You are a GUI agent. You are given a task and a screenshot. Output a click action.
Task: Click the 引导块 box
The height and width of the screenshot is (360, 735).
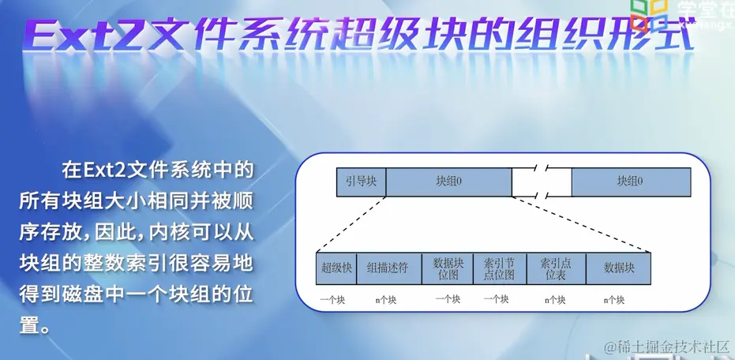361,182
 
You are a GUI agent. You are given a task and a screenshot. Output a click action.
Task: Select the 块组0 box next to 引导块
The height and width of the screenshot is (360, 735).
448,182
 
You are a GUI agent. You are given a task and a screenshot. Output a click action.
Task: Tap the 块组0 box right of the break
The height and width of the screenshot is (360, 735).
630,182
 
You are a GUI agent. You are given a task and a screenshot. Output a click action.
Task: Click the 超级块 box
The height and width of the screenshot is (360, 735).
336,268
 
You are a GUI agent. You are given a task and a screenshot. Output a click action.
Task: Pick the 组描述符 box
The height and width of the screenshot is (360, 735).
388,268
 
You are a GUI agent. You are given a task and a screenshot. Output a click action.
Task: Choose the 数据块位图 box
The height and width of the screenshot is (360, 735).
448,268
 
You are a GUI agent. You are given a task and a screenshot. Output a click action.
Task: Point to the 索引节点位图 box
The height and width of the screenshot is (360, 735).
499,268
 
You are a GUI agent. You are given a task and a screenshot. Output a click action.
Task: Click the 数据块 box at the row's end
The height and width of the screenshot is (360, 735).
619,268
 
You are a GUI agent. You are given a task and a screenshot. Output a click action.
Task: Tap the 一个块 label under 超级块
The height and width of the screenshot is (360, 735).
332,300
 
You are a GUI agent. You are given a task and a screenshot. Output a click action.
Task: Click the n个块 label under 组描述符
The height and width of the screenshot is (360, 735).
387,300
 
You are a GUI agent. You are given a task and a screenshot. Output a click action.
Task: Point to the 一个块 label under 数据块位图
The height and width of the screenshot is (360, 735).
448,300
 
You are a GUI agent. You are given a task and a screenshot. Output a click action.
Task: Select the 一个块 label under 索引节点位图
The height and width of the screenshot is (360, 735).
496,300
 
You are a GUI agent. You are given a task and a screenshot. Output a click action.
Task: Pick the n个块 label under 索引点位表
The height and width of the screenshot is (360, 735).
555,300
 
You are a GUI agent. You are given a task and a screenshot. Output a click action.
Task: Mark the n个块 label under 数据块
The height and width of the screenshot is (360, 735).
613,300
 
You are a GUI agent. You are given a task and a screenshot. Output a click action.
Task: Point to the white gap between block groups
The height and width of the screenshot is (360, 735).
541,182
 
